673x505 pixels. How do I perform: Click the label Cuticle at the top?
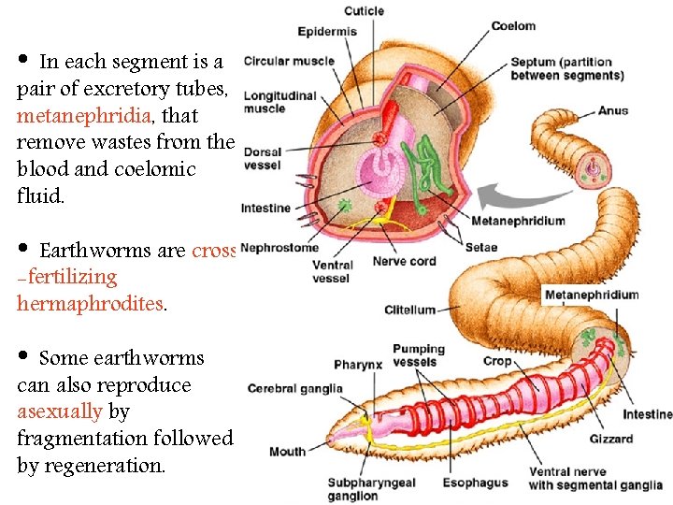364,11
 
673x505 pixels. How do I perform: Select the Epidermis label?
327,32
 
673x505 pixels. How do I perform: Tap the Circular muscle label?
289,62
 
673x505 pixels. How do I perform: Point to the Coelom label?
513,26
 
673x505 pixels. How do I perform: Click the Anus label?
613,110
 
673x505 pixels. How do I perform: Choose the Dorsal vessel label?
262,158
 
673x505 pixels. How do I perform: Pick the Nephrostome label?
279,248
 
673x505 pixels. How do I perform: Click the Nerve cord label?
404,261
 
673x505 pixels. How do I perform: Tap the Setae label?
480,248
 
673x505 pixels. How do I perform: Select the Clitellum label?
410,310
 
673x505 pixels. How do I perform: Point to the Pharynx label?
357,365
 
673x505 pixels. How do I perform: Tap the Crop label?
497,361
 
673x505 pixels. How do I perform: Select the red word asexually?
59,411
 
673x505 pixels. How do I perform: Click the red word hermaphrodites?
90,303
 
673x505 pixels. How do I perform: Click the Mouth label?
287,452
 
